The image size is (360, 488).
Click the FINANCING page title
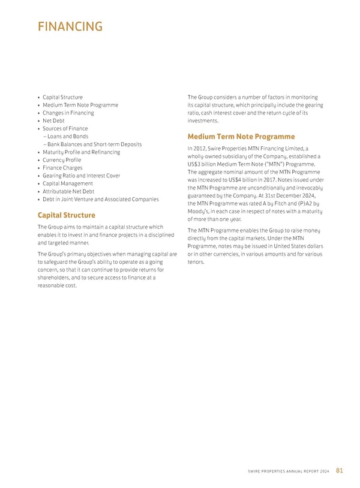70,27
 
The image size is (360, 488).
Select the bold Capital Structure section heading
66,215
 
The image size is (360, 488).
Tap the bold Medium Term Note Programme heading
241,136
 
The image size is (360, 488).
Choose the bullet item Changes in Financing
68,113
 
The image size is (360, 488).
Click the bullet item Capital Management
68,183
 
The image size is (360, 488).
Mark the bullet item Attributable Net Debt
68,191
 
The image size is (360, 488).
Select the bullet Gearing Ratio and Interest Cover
81,176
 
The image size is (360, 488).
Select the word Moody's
199,211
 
